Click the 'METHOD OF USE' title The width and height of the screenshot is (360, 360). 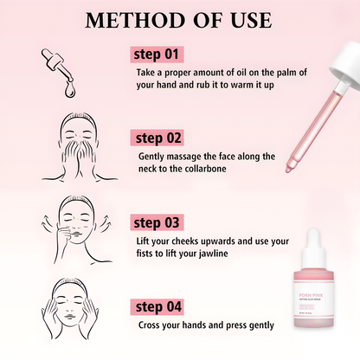pyautogui.click(x=179, y=20)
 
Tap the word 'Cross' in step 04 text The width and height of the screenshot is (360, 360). pyautogui.click(x=151, y=326)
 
